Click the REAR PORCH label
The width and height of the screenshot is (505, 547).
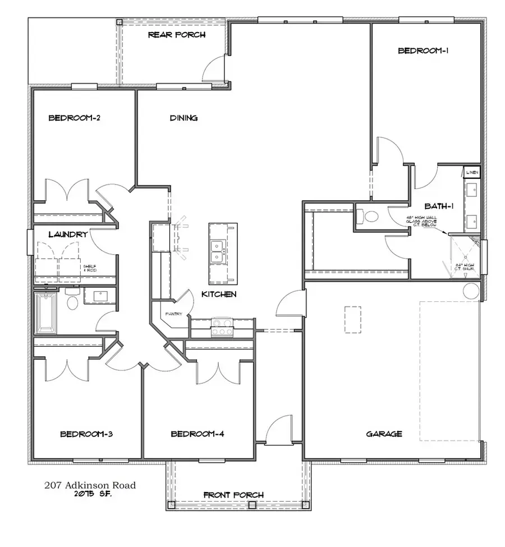[x=177, y=35]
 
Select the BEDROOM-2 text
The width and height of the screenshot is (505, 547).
[x=74, y=118]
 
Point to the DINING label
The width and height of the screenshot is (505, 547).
[x=183, y=118]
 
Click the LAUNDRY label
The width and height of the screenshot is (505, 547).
[x=67, y=235]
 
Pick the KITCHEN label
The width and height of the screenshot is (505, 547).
[x=219, y=294]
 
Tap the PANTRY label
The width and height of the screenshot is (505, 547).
[x=173, y=314]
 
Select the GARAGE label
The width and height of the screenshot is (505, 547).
[x=384, y=434]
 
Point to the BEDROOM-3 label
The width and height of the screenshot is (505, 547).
[x=87, y=434]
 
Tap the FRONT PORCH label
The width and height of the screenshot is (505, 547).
[x=233, y=495]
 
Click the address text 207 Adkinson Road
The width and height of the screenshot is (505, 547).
[x=90, y=485]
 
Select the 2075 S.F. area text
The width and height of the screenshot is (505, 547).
[x=90, y=494]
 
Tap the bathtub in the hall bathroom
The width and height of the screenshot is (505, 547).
[x=46, y=313]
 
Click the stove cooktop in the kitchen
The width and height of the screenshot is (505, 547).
[x=222, y=327]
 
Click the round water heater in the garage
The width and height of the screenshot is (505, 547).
[x=470, y=290]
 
